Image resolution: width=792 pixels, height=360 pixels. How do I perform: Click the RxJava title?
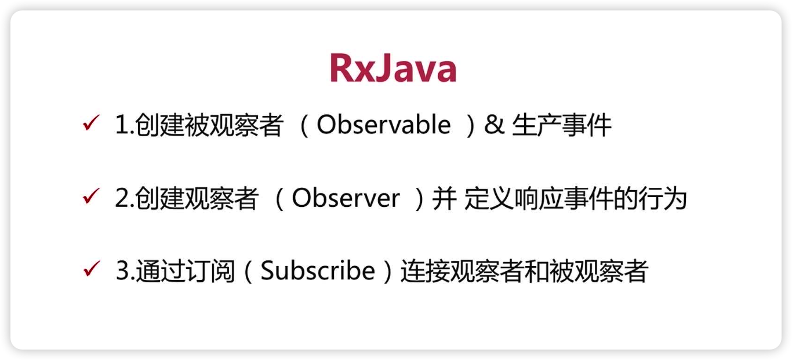(393, 69)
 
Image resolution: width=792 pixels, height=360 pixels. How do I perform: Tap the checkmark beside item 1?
(91, 124)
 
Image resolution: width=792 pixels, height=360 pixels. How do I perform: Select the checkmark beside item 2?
(91, 198)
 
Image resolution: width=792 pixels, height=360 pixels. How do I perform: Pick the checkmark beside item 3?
(91, 270)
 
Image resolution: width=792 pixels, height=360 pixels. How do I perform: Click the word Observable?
(383, 125)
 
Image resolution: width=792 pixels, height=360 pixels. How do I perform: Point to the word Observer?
(346, 199)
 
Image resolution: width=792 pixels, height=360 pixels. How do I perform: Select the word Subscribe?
(317, 271)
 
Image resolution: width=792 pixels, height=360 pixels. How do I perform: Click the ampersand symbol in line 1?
(493, 125)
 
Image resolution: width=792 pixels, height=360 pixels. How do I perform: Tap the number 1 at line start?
(122, 126)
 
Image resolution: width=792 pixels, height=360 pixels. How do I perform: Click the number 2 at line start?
(122, 199)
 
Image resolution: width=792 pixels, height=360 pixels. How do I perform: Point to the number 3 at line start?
(122, 272)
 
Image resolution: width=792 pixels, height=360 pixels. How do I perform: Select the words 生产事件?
(561, 126)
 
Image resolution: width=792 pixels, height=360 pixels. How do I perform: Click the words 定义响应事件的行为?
(575, 199)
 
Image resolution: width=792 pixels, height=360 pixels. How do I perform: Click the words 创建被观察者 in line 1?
(209, 126)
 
